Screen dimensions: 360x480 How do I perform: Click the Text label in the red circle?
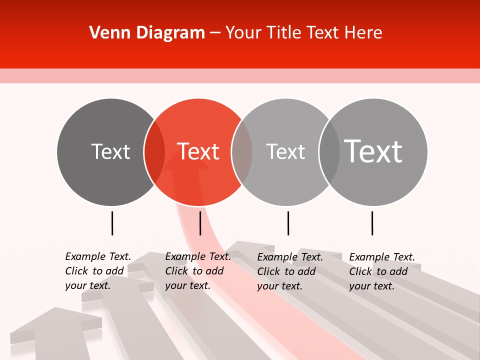click(198, 151)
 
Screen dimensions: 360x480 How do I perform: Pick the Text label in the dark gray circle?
click(110, 151)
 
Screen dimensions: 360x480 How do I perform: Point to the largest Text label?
click(373, 151)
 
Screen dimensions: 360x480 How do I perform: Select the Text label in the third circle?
click(285, 151)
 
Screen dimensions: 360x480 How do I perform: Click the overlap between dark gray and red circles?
click(154, 151)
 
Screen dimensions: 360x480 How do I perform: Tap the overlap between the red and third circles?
click(242, 151)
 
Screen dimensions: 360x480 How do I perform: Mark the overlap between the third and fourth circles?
click(329, 151)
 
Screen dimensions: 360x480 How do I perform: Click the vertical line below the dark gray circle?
click(112, 223)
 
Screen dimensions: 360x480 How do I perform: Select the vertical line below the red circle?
click(200, 223)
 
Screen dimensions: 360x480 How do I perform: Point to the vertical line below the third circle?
click(288, 223)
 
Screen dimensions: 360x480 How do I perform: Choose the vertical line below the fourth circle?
click(372, 223)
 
